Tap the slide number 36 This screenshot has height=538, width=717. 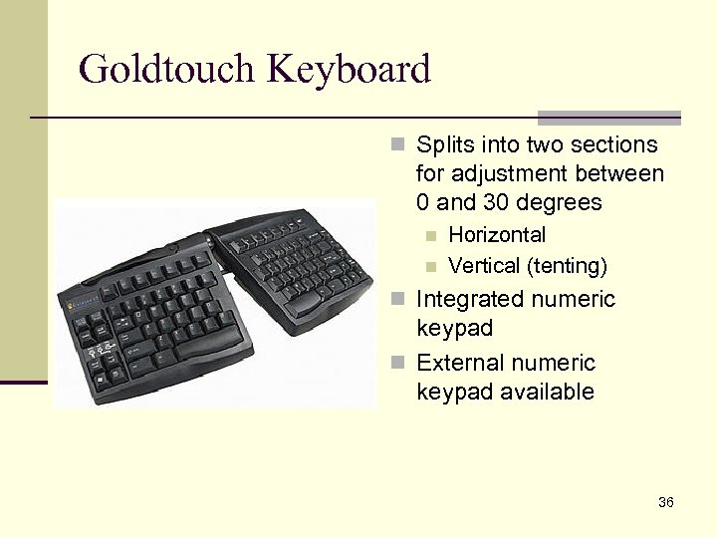(666, 502)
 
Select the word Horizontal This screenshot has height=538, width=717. (497, 235)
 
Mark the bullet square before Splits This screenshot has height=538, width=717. (397, 145)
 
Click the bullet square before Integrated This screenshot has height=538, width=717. (397, 299)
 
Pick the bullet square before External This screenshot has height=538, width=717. (397, 363)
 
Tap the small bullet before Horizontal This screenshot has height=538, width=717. (430, 236)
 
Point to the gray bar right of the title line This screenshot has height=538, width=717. (609, 118)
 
